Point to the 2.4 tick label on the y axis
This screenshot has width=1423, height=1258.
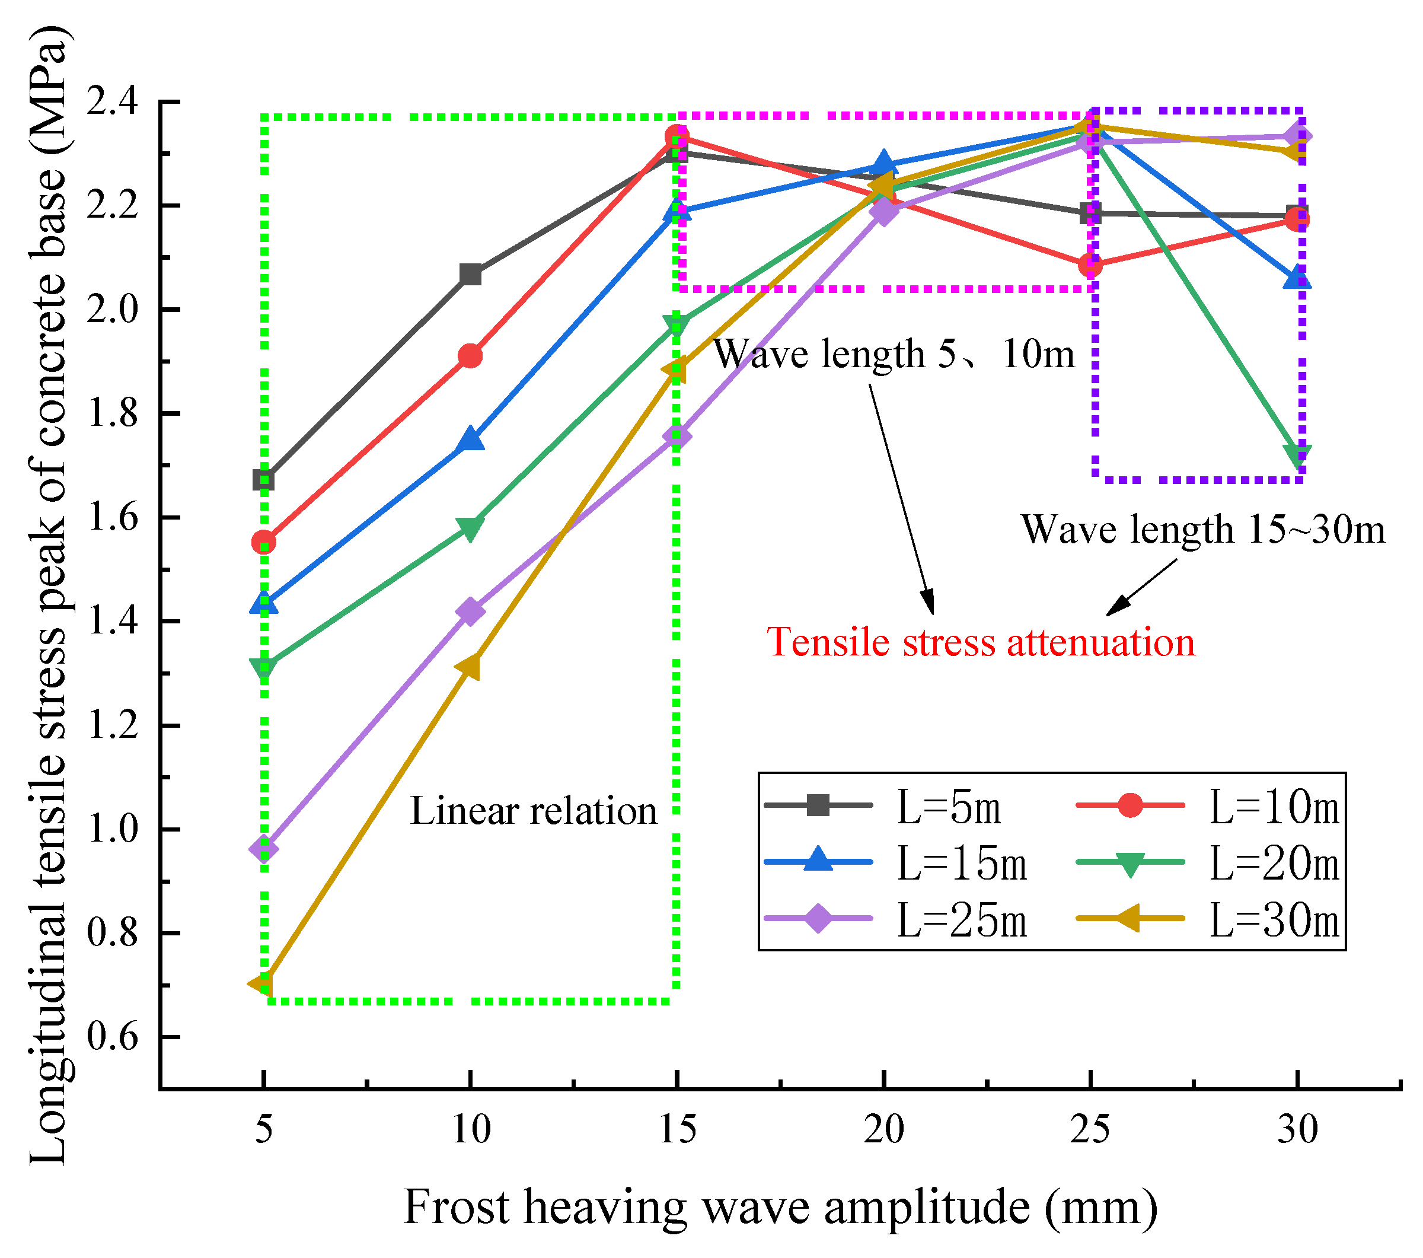coord(112,103)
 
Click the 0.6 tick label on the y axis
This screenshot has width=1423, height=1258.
coord(112,1038)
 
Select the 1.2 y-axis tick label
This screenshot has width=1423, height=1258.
coord(112,727)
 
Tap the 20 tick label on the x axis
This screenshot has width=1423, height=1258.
coord(883,1129)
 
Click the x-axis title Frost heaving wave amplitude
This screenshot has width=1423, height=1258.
coord(780,1207)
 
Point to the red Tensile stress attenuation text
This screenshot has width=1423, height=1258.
coord(980,642)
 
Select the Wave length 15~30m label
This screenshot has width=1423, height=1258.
coord(1202,530)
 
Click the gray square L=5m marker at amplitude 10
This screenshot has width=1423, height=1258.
coord(471,275)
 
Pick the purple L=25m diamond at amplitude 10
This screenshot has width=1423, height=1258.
coord(471,612)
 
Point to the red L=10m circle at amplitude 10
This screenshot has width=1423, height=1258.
coord(471,356)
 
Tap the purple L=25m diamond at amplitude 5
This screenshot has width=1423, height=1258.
coord(264,849)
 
